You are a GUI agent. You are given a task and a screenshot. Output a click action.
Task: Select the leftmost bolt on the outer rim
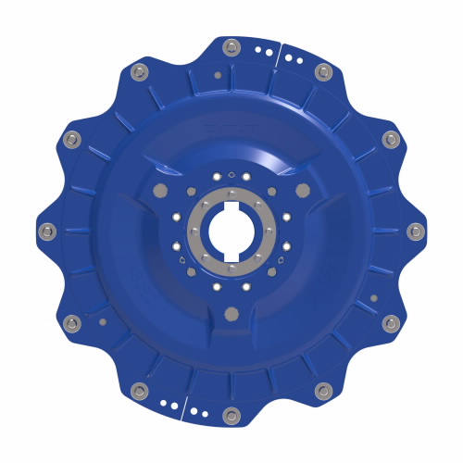click(x=48, y=230)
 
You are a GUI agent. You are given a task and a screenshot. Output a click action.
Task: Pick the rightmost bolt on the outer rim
click(x=413, y=230)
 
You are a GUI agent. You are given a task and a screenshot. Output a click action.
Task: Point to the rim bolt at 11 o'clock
click(x=139, y=71)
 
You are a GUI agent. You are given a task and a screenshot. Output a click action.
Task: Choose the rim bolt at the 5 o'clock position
click(x=322, y=390)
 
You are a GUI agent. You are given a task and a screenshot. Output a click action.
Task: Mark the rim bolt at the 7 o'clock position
click(x=139, y=390)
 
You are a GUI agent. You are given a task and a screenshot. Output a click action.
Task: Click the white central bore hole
click(x=231, y=231)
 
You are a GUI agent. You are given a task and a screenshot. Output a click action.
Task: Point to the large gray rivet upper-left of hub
click(x=158, y=190)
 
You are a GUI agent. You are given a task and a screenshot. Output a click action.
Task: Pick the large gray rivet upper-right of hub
click(x=303, y=190)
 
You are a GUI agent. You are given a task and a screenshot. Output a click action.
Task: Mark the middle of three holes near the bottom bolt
click(x=172, y=404)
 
